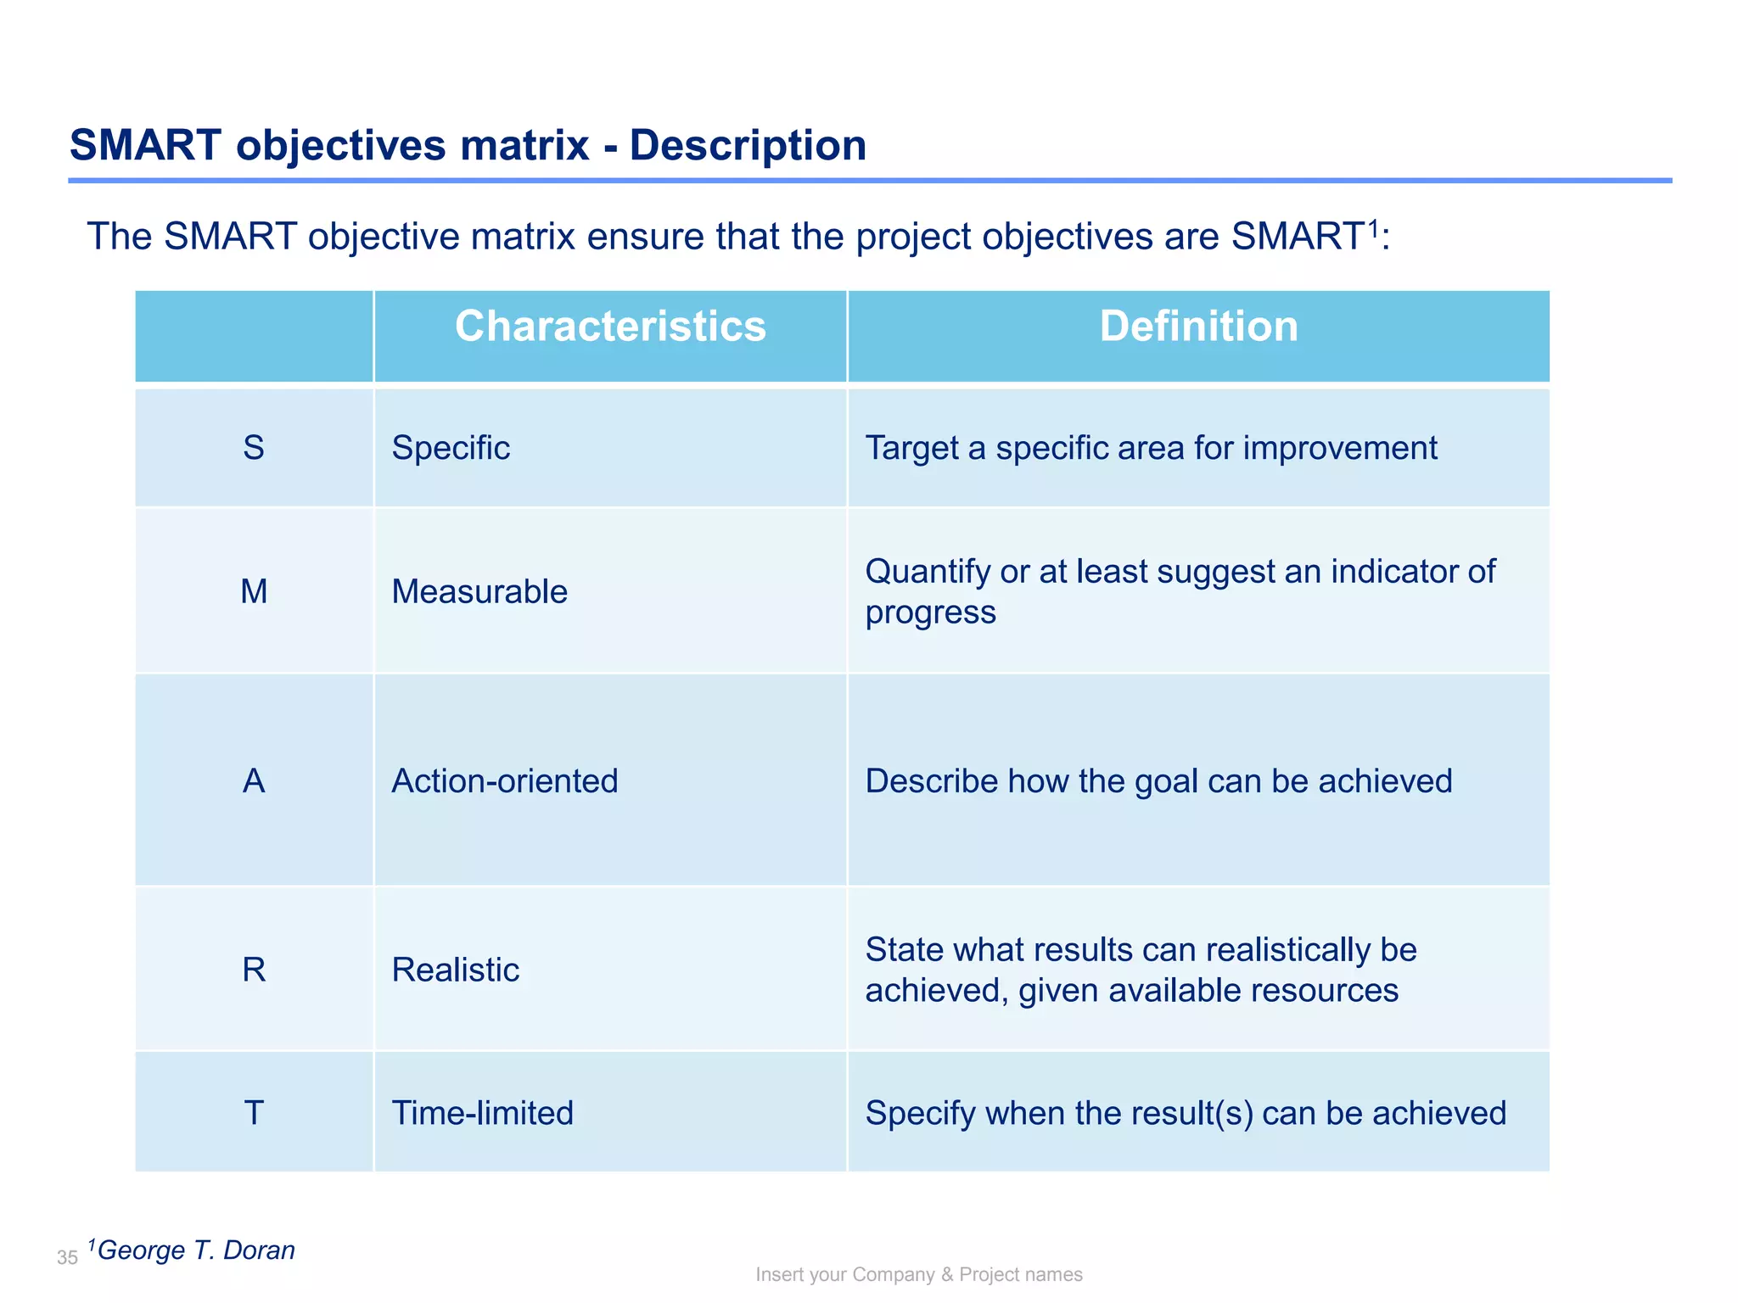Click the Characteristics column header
610,327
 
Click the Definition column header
1198,327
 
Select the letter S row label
254,448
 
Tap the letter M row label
254,591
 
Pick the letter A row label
254,780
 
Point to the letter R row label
254,970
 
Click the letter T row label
254,1113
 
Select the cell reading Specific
451,448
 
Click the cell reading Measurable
479,591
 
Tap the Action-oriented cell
505,780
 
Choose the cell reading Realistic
456,970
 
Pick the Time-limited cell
483,1113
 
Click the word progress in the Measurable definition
930,613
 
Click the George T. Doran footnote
196,1250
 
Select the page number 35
67,1258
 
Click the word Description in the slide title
748,145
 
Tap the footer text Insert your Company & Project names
919,1275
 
